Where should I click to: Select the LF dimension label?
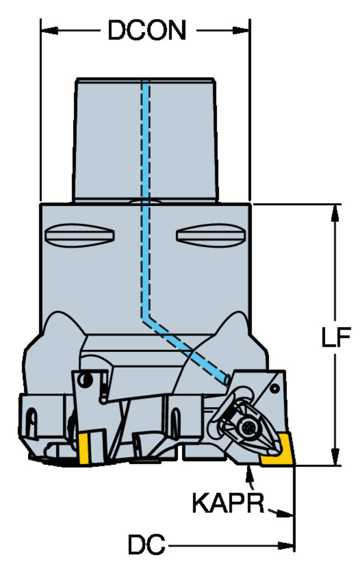point(336,337)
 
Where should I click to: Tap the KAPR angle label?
point(228,503)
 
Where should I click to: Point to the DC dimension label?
point(147,544)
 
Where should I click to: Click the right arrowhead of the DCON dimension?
point(242,30)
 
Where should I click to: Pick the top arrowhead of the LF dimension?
point(336,212)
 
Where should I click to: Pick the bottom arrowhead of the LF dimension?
point(336,458)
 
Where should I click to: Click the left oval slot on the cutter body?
point(79,235)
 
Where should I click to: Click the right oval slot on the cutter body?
point(211,235)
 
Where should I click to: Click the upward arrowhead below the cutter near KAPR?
point(249,472)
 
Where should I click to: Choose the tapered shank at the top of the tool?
point(146,139)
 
